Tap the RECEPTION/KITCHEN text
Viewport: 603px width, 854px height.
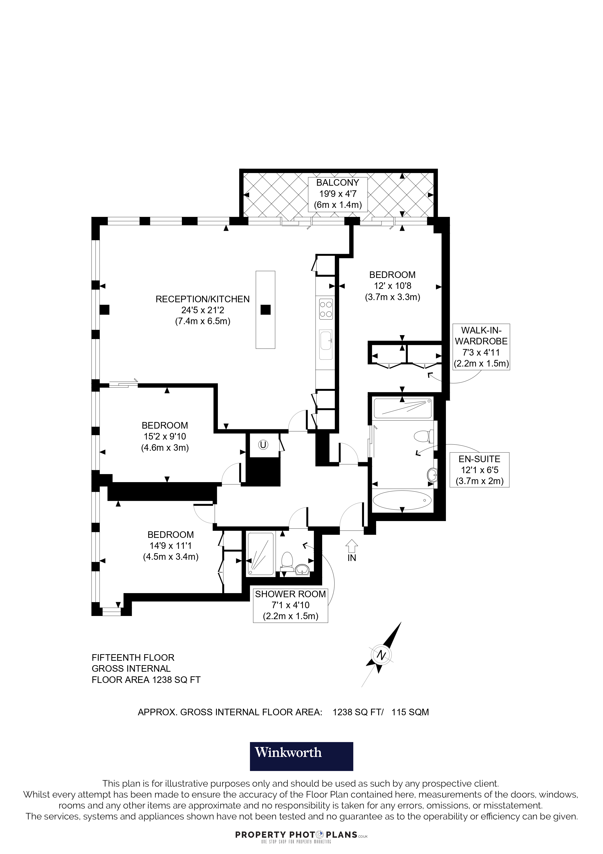point(203,299)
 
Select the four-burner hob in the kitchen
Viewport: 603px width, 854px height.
point(326,309)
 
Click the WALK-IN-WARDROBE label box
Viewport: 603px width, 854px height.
point(481,347)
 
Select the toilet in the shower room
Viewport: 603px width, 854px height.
point(287,561)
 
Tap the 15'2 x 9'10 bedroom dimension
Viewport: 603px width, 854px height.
point(165,436)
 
